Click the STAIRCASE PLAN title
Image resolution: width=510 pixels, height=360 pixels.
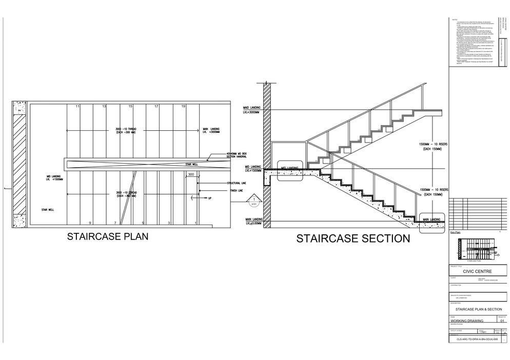coord(108,236)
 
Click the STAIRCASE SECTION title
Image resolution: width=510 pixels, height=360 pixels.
coord(353,238)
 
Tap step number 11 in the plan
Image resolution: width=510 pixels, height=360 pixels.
coord(77,106)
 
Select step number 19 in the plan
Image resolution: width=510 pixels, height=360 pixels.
coord(183,106)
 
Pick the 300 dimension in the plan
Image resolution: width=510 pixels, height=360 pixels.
coord(191,175)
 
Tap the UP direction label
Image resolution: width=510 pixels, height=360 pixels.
coord(209,198)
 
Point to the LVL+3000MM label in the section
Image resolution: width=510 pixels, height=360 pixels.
coord(252,112)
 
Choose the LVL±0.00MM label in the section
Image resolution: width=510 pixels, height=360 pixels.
coord(252,224)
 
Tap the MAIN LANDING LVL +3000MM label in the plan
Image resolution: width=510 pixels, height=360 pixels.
coord(211,130)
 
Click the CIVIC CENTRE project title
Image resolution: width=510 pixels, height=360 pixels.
coord(477,272)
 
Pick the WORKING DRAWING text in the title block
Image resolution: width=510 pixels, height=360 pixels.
coord(466,321)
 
